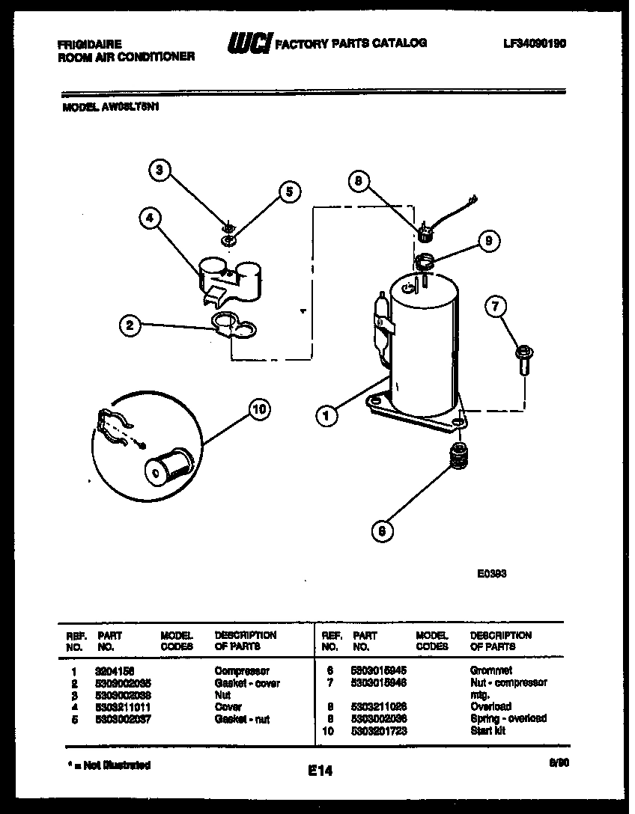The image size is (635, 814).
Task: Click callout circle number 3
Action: tap(158, 171)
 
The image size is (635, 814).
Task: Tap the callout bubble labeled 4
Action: tap(150, 218)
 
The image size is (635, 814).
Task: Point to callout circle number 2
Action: tap(130, 325)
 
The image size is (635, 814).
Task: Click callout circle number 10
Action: tap(259, 408)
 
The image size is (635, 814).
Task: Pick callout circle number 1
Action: tap(326, 416)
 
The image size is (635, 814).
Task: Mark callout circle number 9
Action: tap(488, 241)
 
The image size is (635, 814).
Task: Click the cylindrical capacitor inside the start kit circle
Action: tap(170, 465)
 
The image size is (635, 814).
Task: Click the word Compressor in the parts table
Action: tap(242, 671)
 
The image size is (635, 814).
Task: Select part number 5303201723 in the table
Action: tap(378, 730)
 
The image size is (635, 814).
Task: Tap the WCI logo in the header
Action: tap(249, 45)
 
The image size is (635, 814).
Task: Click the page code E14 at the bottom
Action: tap(319, 771)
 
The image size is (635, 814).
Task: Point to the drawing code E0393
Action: tap(491, 575)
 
